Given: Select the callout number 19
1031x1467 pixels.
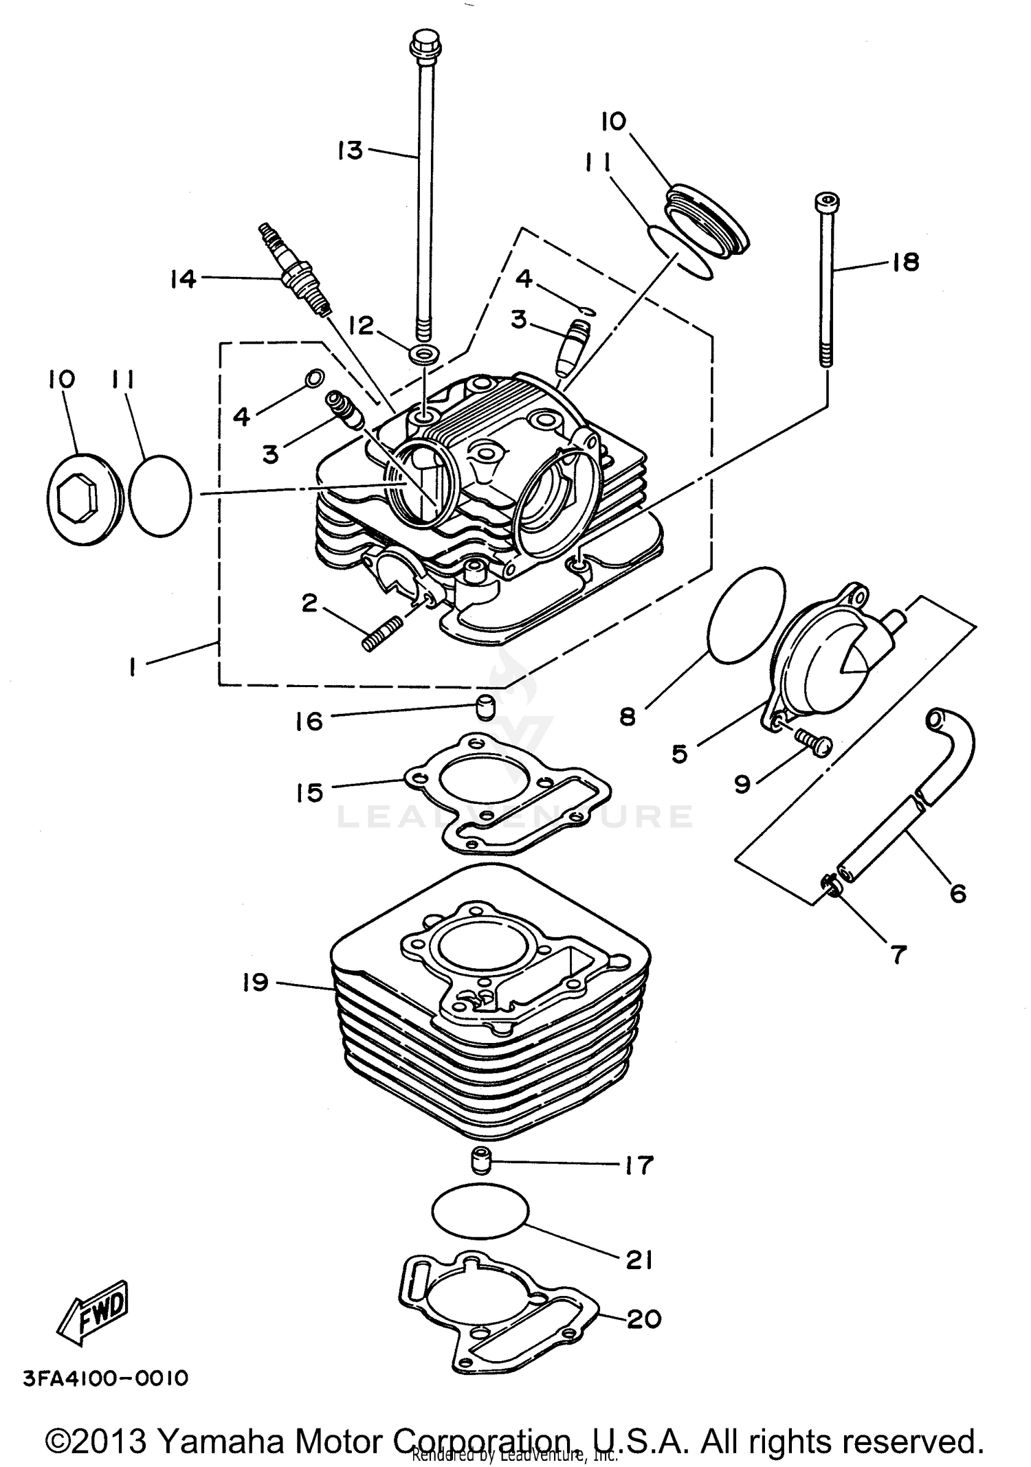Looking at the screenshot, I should (x=255, y=983).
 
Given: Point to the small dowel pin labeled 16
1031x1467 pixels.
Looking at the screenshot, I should (x=486, y=706).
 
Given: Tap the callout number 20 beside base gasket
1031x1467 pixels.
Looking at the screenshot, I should (x=643, y=1318).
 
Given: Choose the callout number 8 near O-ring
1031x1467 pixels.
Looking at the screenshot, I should (x=628, y=717).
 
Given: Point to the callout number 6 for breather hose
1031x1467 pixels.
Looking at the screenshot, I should (x=957, y=893).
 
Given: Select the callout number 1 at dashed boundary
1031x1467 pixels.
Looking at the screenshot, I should (x=132, y=666).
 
